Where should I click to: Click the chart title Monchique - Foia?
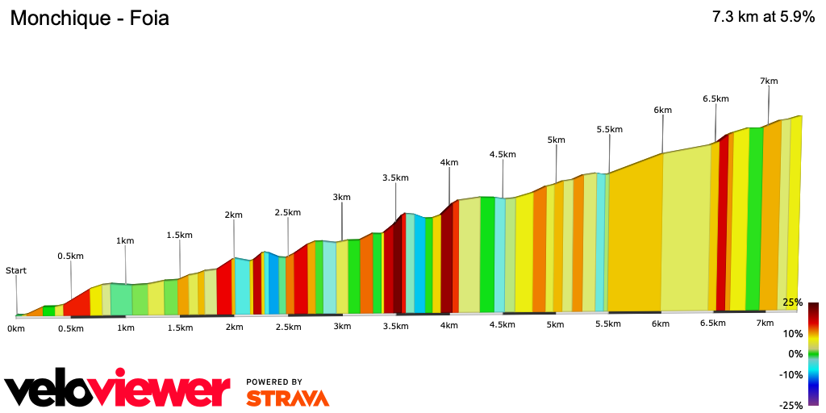pos(90,18)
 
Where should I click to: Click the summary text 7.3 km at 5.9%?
pos(763,17)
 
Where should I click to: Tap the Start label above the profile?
pos(16,271)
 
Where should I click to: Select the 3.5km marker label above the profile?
pos(395,178)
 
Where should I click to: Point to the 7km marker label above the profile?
pos(769,81)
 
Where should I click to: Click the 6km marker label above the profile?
pos(662,111)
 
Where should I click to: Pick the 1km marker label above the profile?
pos(125,240)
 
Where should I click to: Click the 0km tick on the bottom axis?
pos(16,328)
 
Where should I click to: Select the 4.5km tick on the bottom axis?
pos(502,325)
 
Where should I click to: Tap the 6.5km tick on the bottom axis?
pos(712,323)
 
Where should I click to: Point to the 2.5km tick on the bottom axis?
pos(288,327)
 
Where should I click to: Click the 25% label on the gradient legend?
pos(792,302)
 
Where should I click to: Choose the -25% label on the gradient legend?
pos(791,406)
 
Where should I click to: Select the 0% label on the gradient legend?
pos(795,354)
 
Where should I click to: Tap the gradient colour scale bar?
pos(813,353)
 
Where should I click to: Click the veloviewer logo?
pos(118,390)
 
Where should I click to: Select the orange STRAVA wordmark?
pos(287,398)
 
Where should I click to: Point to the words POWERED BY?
pos(274,382)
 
